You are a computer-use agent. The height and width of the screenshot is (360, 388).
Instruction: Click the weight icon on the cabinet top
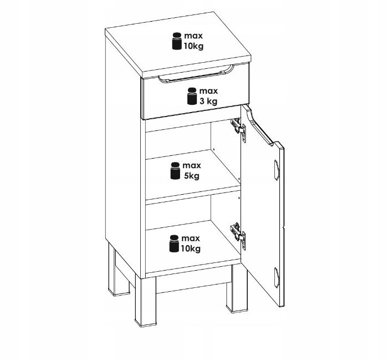177,41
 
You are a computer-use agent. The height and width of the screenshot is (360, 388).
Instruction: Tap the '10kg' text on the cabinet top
193,46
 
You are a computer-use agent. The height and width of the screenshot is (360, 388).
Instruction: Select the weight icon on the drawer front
192,96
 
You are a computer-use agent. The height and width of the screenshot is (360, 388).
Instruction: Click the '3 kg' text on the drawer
208,101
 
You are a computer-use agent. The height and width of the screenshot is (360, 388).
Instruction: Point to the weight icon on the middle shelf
175,171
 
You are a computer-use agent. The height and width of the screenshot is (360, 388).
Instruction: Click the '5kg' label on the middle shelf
191,176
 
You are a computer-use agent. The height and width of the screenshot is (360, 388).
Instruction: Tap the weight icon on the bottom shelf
174,244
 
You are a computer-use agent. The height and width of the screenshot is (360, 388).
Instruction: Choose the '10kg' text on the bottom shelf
191,249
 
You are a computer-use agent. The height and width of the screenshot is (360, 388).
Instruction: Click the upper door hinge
238,129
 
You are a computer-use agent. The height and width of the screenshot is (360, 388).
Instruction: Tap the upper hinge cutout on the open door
277,170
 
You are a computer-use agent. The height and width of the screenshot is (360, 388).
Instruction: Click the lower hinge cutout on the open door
277,277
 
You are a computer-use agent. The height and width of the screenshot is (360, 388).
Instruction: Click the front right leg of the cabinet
236,288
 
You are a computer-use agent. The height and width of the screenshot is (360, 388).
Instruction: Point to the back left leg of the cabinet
119,270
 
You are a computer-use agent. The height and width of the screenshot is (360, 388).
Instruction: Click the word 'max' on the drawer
208,91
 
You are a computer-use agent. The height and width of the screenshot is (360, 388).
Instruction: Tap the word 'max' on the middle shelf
192,165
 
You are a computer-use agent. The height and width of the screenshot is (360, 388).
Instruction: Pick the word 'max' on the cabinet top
193,36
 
